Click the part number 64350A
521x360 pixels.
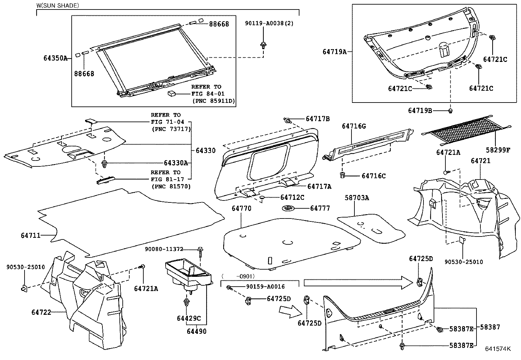coord(55,58)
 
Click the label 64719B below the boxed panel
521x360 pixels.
coord(420,111)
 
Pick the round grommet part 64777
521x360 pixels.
coord(288,208)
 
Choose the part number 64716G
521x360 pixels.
coord(354,126)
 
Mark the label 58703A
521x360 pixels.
coord(357,198)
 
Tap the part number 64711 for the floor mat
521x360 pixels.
coord(31,235)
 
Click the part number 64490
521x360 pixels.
coord(197,332)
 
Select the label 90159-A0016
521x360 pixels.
coord(265,287)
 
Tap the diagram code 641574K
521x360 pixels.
coord(498,349)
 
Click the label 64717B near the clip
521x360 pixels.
coord(317,119)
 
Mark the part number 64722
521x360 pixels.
coord(41,312)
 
